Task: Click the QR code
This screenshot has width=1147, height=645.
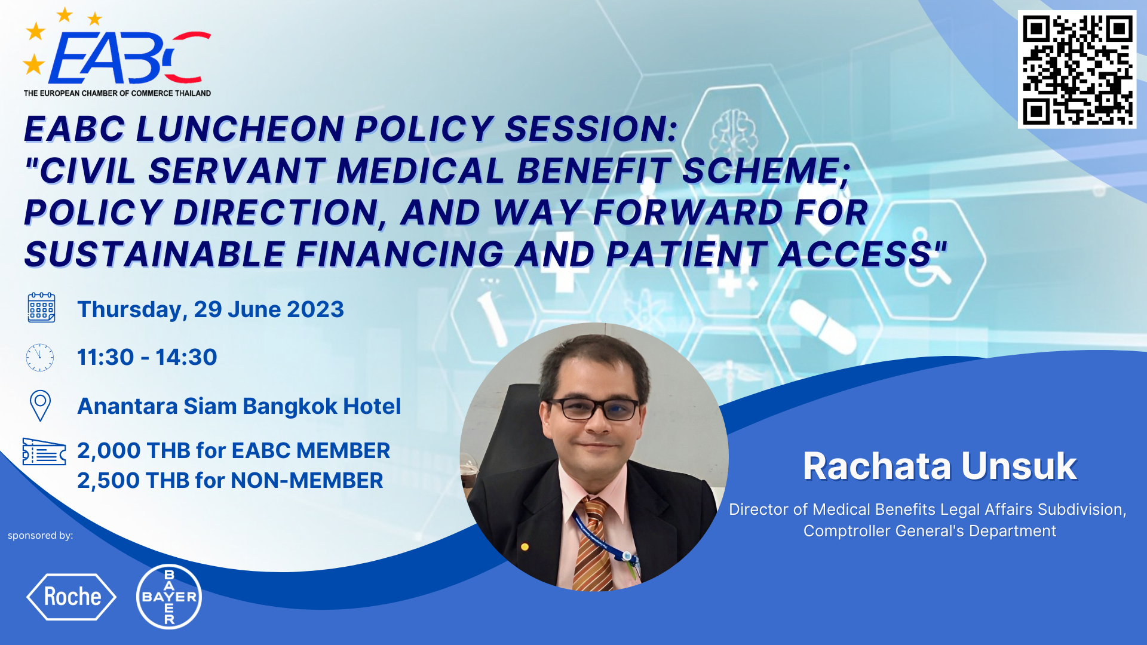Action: click(1077, 69)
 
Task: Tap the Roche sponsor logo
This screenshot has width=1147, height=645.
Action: click(72, 597)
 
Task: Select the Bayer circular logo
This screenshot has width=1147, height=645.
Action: click(169, 597)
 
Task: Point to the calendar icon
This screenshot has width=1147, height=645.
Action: click(41, 308)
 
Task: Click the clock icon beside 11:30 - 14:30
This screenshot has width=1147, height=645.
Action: click(40, 357)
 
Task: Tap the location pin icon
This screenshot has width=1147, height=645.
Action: click(40, 406)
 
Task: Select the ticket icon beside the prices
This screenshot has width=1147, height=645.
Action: click(44, 451)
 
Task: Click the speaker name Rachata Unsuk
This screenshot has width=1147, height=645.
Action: click(940, 466)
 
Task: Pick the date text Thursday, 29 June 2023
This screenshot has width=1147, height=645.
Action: click(210, 309)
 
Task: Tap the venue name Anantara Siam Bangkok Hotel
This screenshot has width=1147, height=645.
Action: click(239, 406)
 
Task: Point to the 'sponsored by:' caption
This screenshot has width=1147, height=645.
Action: click(40, 536)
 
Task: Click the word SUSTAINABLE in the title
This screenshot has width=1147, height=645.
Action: click(155, 254)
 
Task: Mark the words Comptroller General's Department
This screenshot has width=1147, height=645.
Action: click(930, 531)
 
